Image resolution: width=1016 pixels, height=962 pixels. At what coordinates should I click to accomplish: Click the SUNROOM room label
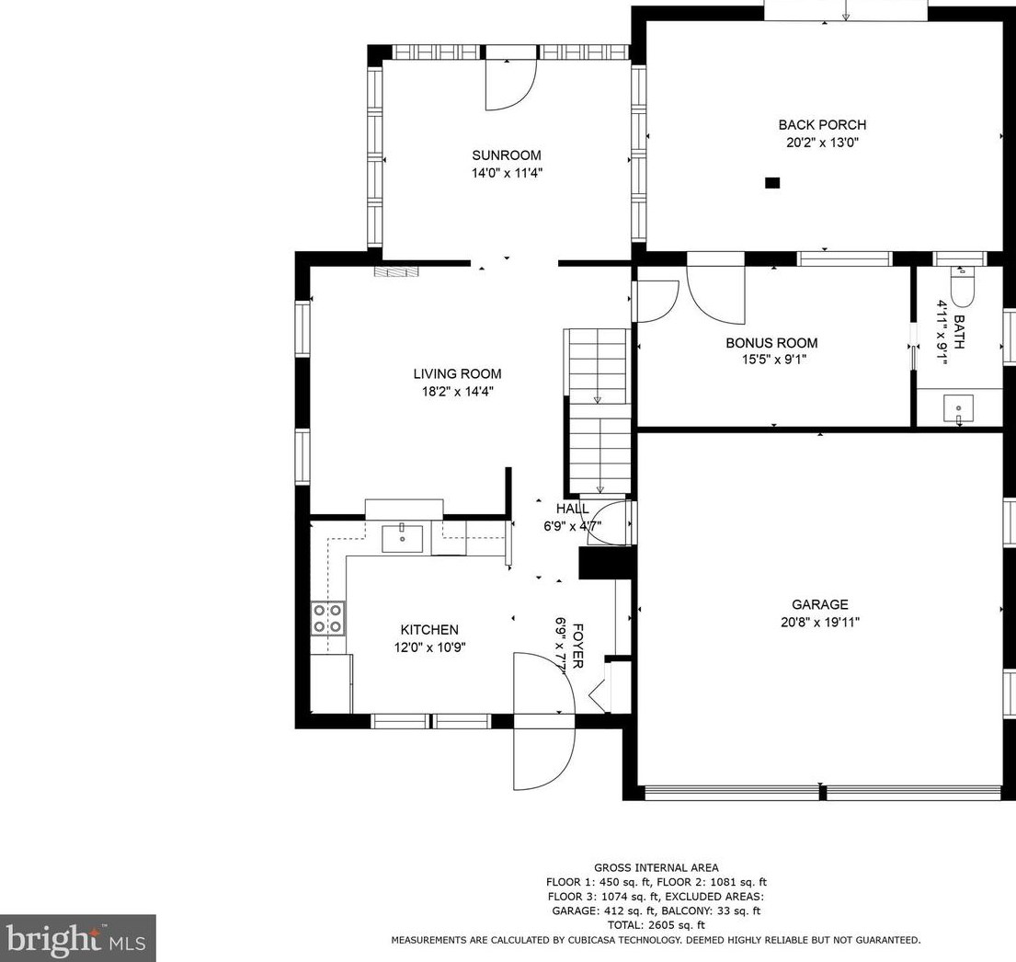click(506, 155)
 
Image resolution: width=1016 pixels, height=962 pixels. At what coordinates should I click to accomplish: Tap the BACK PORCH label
click(822, 124)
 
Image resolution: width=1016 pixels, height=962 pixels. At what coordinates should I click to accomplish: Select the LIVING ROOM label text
click(458, 374)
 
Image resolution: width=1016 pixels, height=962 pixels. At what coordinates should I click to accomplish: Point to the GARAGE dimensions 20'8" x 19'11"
click(820, 623)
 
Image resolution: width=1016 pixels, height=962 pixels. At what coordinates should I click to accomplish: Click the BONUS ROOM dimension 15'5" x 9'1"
click(774, 359)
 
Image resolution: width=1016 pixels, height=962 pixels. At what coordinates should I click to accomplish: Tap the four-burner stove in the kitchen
click(328, 618)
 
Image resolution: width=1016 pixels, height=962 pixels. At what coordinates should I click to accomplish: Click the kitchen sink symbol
click(403, 539)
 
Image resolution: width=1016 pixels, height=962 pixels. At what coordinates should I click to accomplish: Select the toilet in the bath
click(962, 286)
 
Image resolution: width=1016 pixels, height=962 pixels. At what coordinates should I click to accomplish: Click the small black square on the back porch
click(772, 183)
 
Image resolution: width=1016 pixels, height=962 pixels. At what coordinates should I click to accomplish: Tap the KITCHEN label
click(429, 629)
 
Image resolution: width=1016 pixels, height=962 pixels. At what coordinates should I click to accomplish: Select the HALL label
click(573, 509)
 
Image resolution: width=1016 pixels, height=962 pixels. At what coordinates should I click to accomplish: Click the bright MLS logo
click(78, 938)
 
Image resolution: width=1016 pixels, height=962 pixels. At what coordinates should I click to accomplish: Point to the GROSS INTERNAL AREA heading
click(656, 867)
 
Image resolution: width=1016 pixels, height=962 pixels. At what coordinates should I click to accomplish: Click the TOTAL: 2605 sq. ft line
click(656, 925)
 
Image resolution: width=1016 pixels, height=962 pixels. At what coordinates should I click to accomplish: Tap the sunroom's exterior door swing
click(511, 86)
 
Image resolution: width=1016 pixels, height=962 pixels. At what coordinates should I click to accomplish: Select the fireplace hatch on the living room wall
click(397, 271)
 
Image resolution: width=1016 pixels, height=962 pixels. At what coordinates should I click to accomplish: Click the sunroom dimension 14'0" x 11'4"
click(507, 173)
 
